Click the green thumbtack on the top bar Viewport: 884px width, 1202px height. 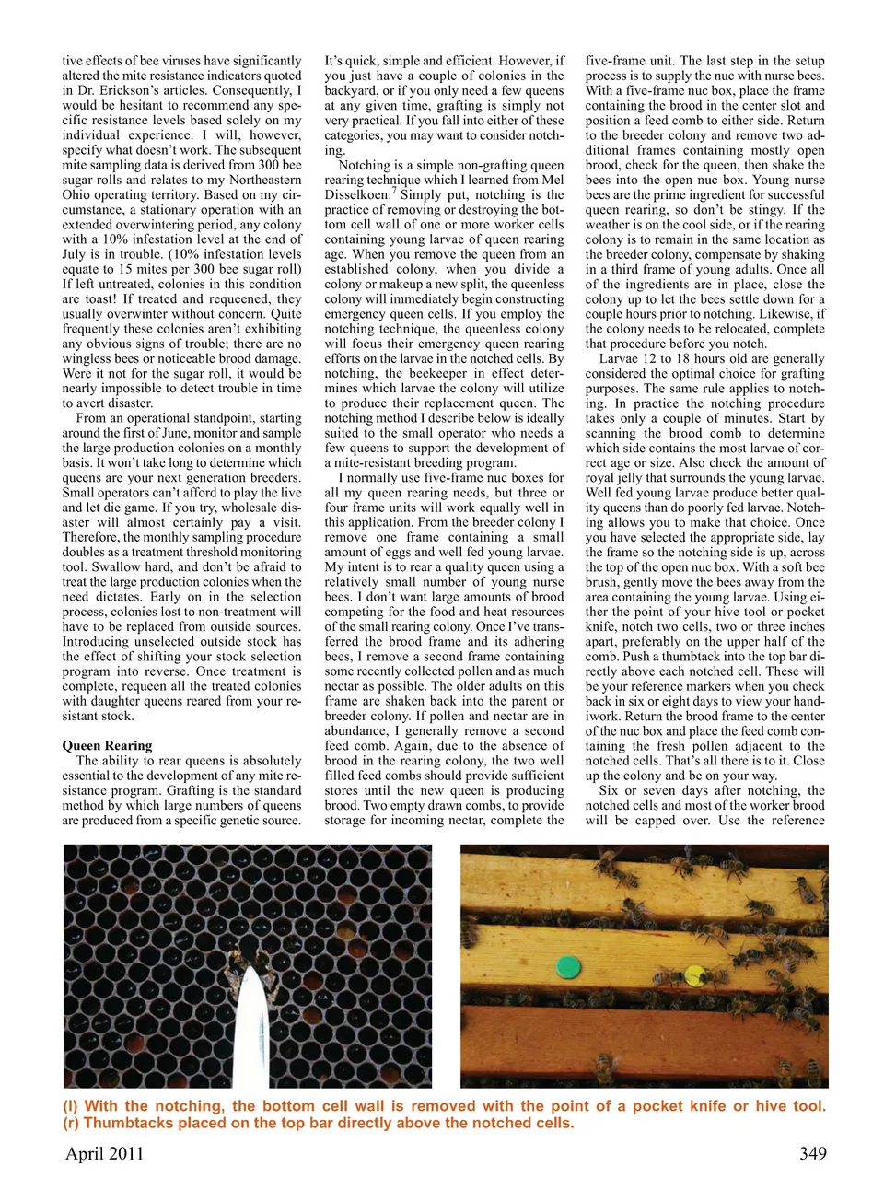[x=568, y=967]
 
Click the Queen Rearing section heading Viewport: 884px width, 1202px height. [x=107, y=746]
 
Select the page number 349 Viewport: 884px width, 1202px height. [x=812, y=1154]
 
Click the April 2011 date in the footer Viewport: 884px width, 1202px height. [x=104, y=1154]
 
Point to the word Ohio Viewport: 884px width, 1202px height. [x=76, y=195]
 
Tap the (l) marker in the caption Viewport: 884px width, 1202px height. [x=71, y=1106]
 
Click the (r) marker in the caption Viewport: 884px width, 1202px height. [x=71, y=1124]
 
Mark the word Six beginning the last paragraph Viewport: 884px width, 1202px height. [x=610, y=791]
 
